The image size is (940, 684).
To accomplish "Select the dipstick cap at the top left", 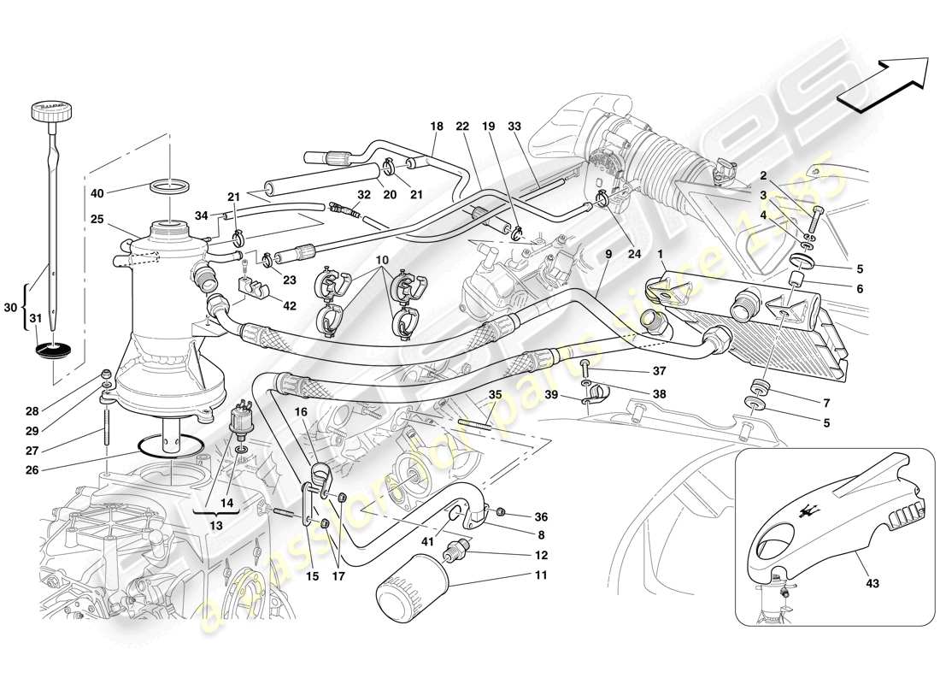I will click(53, 111).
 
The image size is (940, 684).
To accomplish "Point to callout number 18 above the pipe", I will click(437, 126).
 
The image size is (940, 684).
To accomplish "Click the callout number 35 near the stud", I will click(496, 395).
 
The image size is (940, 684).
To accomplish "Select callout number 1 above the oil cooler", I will click(661, 253).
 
